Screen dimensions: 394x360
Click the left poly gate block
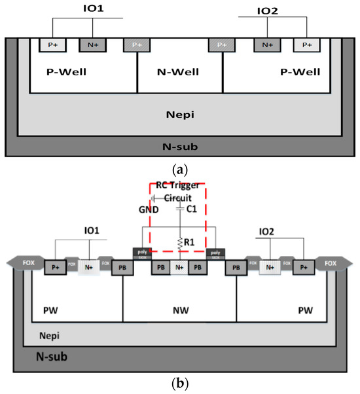[141, 253]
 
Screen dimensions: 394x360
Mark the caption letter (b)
[179, 386]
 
